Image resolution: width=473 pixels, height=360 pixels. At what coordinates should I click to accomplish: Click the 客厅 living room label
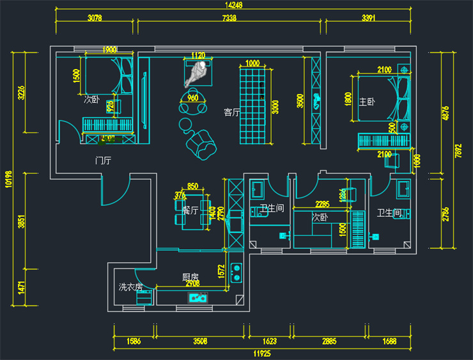[x=231, y=113]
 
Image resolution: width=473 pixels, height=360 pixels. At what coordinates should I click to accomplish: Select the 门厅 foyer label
[x=103, y=160]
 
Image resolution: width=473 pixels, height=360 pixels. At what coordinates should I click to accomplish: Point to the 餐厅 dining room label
[x=190, y=209]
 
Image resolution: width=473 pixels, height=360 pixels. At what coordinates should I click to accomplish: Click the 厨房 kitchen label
[x=190, y=277]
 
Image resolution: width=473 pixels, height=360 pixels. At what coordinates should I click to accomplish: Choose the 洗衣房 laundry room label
[x=130, y=287]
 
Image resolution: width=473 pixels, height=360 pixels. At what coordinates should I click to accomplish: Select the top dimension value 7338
[x=229, y=19]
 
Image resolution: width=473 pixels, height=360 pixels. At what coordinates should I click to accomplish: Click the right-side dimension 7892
[x=458, y=150]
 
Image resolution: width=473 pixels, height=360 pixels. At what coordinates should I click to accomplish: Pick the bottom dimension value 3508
[x=200, y=341]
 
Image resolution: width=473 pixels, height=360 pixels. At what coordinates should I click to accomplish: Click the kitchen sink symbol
[x=198, y=297]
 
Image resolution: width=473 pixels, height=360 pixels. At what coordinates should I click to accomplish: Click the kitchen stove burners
[x=236, y=272]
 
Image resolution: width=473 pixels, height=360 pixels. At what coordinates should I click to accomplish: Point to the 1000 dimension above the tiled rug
[x=252, y=63]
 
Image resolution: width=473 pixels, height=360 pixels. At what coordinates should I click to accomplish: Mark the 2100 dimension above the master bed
[x=384, y=70]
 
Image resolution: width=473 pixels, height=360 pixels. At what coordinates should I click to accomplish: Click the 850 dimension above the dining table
[x=192, y=187]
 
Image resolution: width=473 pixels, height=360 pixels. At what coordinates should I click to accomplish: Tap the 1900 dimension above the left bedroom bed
[x=109, y=50]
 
